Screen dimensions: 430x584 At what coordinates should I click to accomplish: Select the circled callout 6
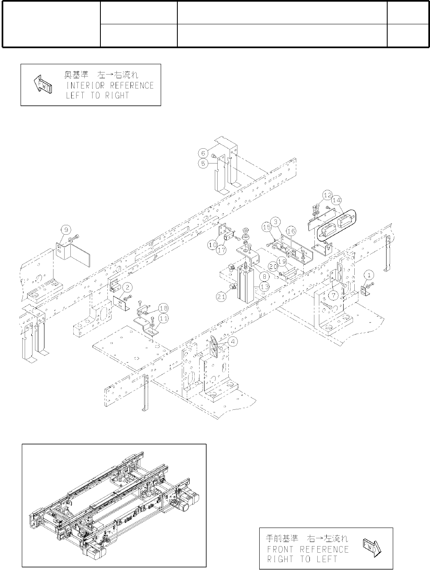tap(203, 153)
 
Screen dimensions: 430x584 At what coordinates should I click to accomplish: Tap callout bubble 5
tap(203, 163)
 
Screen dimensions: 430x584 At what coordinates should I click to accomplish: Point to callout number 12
tap(327, 194)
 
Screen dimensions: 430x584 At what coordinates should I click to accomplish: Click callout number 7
tap(334, 295)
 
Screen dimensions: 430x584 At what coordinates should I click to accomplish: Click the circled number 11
tap(163, 318)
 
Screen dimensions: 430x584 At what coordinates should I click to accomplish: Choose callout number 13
tap(265, 287)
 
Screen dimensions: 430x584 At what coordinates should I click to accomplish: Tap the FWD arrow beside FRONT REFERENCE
tap(372, 548)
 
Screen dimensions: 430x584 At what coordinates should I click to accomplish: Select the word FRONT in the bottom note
tap(280, 549)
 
